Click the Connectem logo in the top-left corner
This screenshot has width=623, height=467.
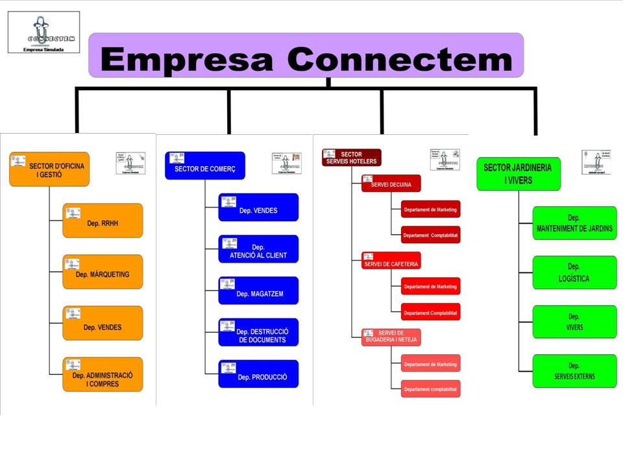point(44,32)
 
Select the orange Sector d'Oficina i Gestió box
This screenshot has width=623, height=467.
point(49,169)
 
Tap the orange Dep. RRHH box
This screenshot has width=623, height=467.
point(103,221)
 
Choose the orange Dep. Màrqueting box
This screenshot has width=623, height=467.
point(103,272)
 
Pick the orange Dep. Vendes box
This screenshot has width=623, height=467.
point(103,323)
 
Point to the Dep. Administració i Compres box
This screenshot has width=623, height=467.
point(103,374)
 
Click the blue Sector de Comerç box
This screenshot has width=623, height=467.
point(205,166)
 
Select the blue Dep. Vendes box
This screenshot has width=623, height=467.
point(258,208)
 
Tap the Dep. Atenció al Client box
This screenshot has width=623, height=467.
point(258,249)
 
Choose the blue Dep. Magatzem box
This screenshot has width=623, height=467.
point(258,291)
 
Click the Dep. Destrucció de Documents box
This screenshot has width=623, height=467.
point(258,332)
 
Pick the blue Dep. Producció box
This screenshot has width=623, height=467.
point(258,374)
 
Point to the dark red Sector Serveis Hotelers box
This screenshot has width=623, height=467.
point(352,158)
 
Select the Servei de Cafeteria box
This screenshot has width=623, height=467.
point(391,261)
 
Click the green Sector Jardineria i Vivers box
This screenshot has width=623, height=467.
point(518,174)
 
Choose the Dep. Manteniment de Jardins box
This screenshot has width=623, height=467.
point(574,223)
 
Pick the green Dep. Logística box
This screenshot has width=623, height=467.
point(574,272)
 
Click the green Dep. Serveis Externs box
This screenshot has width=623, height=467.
point(574,371)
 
